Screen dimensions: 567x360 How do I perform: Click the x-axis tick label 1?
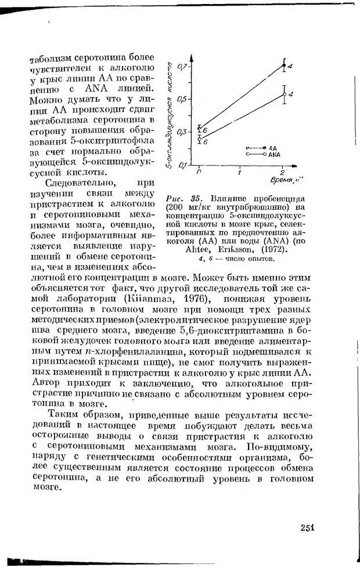click(x=239, y=173)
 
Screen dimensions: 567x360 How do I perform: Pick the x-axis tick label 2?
click(x=282, y=173)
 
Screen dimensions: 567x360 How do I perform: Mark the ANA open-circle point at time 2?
click(x=284, y=94)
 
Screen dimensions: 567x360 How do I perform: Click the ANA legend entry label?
click(x=274, y=155)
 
